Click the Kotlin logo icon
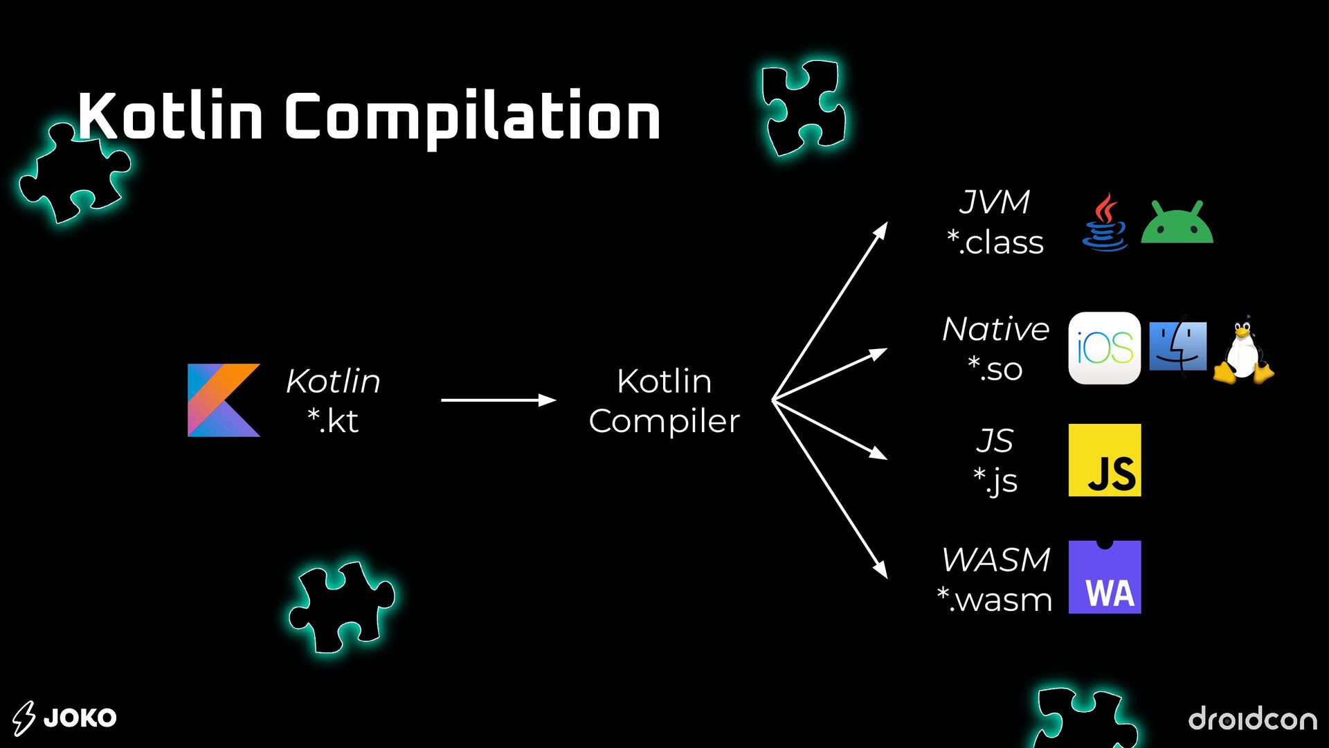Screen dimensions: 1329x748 [x=224, y=400]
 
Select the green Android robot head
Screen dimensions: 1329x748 [x=1177, y=223]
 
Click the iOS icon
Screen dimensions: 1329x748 [x=1104, y=348]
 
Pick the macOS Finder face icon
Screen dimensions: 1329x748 [x=1177, y=346]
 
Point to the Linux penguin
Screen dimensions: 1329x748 [x=1243, y=350]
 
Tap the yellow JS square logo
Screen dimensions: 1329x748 [x=1104, y=461]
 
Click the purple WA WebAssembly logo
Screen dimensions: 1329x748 [x=1104, y=577]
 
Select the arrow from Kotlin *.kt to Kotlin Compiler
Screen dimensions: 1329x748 [x=498, y=400]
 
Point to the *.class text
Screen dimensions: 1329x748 [x=995, y=242]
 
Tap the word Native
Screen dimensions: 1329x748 [x=995, y=328]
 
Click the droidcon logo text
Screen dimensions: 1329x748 [x=1252, y=718]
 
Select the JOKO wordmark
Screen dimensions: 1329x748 [x=80, y=718]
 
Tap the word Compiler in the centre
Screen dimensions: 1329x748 [x=664, y=421]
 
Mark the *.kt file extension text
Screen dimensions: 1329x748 [x=333, y=420]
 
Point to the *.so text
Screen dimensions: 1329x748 [x=995, y=368]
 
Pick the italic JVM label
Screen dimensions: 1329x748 [x=995, y=202]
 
